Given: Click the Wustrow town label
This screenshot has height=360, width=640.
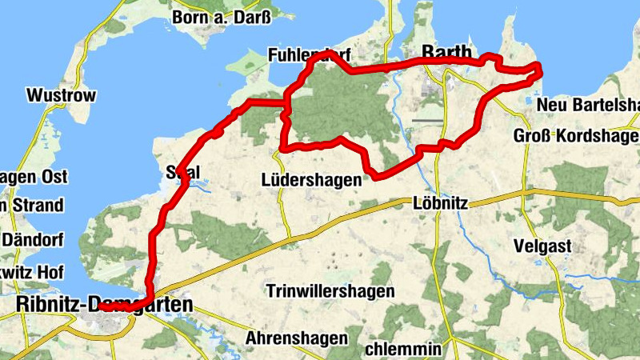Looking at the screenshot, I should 61,96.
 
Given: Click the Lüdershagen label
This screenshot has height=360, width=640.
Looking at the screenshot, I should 312,180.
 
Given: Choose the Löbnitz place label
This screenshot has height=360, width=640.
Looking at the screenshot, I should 440,203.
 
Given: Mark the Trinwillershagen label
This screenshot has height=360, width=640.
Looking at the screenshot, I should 330,291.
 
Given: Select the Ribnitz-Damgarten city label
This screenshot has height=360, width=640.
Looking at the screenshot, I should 104,305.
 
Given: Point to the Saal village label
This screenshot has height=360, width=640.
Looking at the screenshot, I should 182,172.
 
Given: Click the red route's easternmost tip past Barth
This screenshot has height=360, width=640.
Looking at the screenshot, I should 540,70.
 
